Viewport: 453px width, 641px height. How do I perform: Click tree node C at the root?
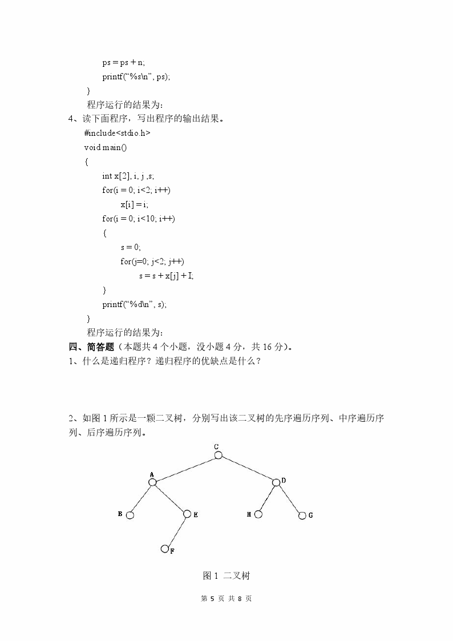tap(219, 455)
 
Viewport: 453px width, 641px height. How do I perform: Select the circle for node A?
tap(152, 482)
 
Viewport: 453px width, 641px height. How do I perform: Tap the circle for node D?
tap(276, 482)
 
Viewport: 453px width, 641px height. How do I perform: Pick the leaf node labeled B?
tap(130, 515)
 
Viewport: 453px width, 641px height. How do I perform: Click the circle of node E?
tap(187, 514)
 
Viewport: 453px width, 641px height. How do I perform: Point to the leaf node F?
tap(165, 549)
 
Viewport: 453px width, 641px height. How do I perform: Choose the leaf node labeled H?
tap(258, 514)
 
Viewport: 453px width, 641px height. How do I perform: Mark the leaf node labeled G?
tap(302, 515)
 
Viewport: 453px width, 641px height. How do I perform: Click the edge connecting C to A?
tap(185, 469)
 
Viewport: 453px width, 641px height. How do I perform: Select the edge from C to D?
tap(247, 469)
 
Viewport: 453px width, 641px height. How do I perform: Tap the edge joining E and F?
tap(176, 531)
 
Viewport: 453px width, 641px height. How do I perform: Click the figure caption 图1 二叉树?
tap(226, 576)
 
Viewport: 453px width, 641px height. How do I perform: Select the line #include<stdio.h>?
tap(118, 133)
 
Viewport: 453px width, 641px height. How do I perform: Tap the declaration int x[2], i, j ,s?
tap(128, 176)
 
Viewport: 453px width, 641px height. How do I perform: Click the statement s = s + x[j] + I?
tap(167, 276)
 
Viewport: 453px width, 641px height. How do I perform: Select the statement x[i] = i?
tap(134, 204)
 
